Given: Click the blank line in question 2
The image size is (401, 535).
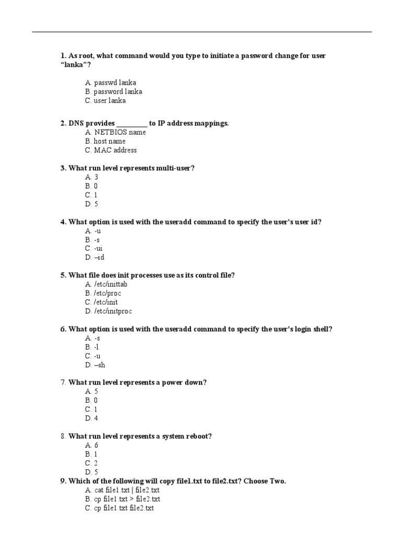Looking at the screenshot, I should pyautogui.click(x=132, y=124).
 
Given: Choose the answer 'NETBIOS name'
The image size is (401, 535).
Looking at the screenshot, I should pyautogui.click(x=120, y=132).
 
